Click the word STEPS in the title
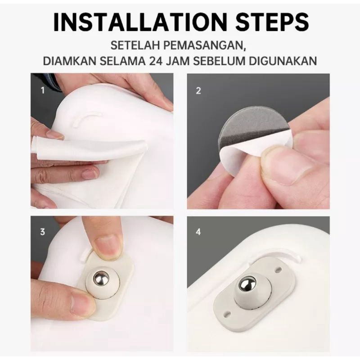tap(272, 22)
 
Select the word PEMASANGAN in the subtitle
tap(205, 46)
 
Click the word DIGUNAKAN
tap(283, 61)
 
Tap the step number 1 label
tap(43, 90)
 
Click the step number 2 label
tap(198, 91)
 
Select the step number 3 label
tap(42, 232)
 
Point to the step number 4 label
tap(198, 232)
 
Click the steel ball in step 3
tap(101, 279)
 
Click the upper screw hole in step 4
tap(278, 269)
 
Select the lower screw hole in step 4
tap(227, 313)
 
